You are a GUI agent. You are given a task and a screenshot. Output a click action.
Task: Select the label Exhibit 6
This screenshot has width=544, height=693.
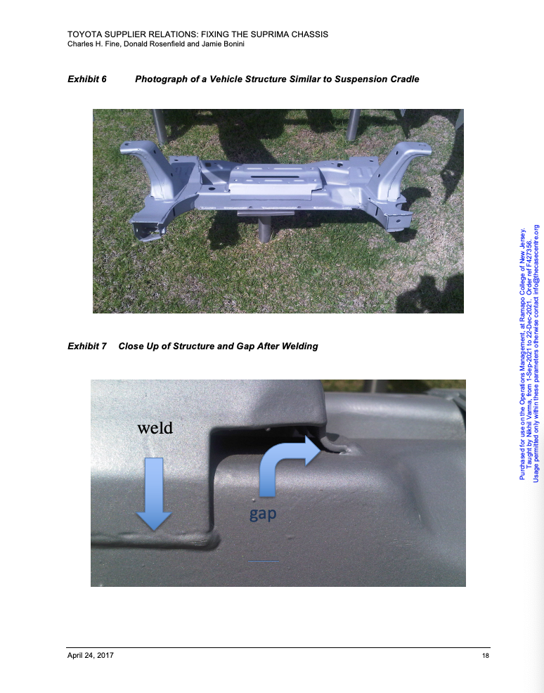pos(87,79)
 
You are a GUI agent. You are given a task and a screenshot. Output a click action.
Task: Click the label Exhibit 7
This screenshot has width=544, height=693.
pos(87,346)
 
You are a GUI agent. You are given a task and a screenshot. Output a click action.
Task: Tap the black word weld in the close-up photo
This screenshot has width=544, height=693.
pos(155,428)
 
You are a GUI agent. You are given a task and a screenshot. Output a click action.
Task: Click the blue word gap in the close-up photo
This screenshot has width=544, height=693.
pos(263,514)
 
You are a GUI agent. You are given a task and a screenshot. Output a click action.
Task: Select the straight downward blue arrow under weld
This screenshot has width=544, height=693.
pos(154,493)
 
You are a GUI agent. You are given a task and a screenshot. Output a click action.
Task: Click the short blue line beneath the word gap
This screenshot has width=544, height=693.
pos(264,562)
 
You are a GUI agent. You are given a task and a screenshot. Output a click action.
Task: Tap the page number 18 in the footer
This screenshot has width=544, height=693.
pos(485,656)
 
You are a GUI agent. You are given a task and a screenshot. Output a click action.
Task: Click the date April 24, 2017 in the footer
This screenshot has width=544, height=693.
pos(90,656)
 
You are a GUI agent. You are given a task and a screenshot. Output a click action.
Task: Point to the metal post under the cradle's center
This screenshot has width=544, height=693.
pos(264,229)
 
